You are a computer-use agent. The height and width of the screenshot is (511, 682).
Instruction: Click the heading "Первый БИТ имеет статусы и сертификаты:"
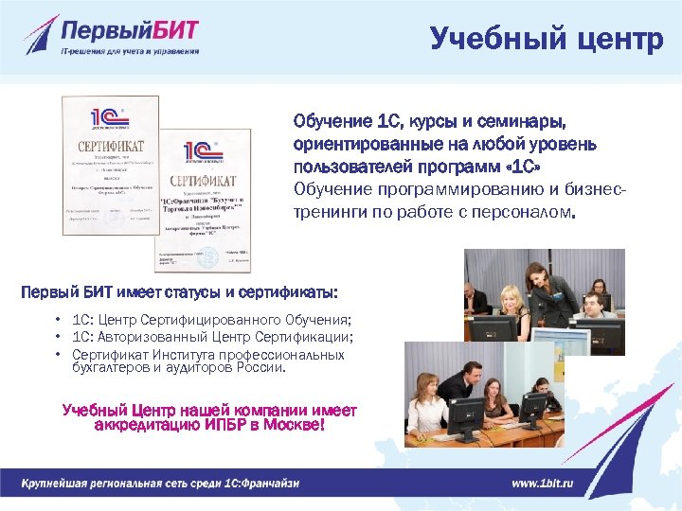(179, 291)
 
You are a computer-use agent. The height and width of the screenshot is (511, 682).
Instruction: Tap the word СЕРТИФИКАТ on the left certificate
(110, 147)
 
